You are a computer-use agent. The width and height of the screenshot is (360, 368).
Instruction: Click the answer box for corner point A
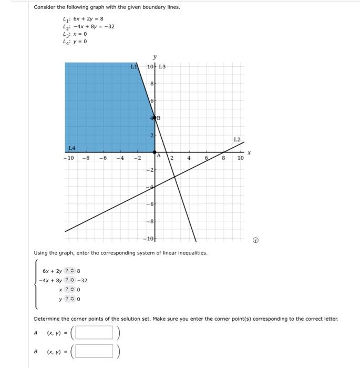click(x=94, y=333)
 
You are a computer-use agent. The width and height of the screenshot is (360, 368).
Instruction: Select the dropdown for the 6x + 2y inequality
click(x=70, y=271)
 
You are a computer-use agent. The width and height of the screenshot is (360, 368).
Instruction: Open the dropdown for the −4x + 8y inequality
click(x=70, y=280)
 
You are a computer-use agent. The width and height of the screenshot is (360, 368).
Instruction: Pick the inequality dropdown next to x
click(x=70, y=290)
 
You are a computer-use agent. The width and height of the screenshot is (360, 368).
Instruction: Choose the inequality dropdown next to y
click(x=70, y=299)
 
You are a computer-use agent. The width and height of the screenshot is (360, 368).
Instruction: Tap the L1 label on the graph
click(x=135, y=67)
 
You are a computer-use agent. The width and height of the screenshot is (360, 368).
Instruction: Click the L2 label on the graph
click(x=236, y=140)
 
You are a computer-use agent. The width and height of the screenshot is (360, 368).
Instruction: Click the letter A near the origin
click(x=157, y=155)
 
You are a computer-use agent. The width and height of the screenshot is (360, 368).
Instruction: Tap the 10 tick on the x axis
click(x=240, y=158)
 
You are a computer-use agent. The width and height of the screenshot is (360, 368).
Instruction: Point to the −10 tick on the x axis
click(x=68, y=158)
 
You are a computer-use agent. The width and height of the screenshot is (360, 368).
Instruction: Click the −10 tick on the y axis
click(x=149, y=239)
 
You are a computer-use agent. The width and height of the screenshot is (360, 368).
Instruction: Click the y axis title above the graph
click(x=155, y=57)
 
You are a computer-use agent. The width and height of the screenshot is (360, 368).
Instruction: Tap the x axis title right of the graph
click(x=249, y=153)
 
